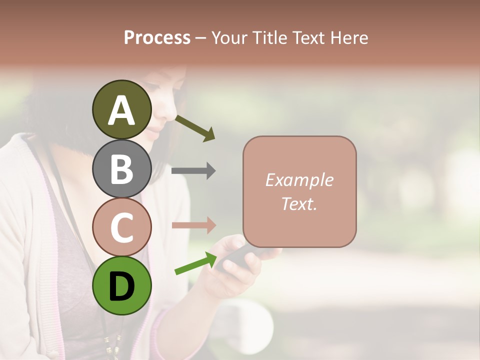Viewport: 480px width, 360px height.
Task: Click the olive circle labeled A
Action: coord(122,109)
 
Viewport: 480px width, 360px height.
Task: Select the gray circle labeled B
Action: coord(122,168)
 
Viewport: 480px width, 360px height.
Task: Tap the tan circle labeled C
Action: coord(122,227)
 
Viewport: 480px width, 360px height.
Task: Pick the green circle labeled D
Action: coord(122,285)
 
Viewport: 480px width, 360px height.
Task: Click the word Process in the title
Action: coord(157,38)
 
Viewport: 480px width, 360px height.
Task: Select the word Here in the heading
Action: coord(350,38)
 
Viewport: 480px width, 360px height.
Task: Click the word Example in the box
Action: coord(299,180)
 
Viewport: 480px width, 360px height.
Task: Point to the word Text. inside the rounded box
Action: coord(299,203)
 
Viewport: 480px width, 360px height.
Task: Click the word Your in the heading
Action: coord(229,38)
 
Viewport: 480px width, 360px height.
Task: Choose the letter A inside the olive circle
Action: coord(122,110)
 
